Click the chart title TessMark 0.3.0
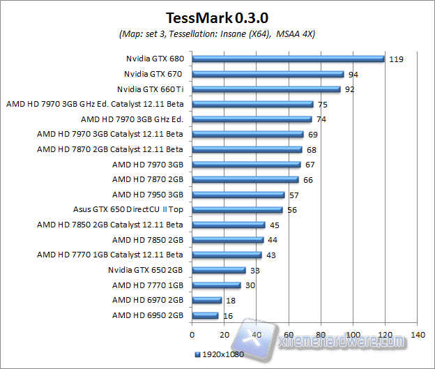[217, 17]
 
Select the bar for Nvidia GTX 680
[288, 59]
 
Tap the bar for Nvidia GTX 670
[268, 74]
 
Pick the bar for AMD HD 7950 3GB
[238, 195]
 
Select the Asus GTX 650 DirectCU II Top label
[128, 209]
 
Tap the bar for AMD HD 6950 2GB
[205, 315]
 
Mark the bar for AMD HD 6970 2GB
[206, 300]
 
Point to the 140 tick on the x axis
[417, 336]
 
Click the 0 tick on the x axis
[192, 336]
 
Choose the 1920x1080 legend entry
[220, 355]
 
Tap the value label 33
[255, 270]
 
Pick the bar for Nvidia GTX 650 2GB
[218, 270]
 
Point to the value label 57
[294, 195]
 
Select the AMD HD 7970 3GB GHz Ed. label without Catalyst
[132, 119]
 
